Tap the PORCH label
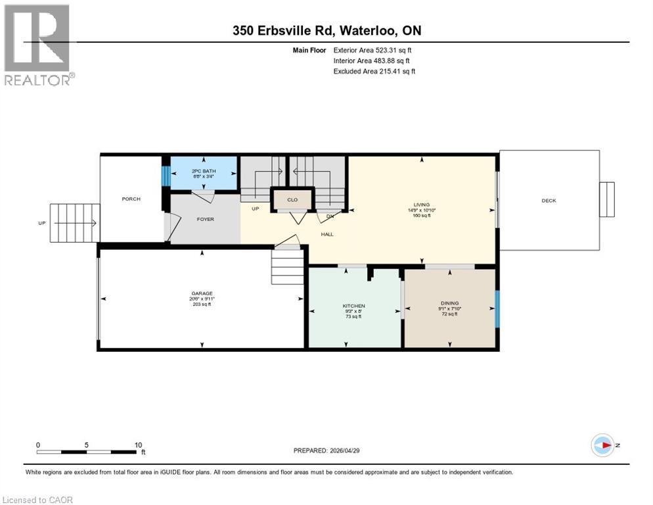(x=131, y=199)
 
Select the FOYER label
(x=206, y=219)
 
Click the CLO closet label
(x=292, y=199)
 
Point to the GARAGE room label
(x=202, y=293)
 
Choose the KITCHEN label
(x=353, y=306)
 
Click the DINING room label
(x=449, y=303)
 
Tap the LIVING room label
(x=421, y=204)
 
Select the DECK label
(x=549, y=201)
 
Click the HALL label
(x=326, y=234)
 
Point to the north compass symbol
(x=602, y=445)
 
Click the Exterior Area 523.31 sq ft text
(x=372, y=49)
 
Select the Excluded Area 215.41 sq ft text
(x=374, y=71)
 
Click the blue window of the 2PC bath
(x=166, y=176)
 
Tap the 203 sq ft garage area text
(x=202, y=304)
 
